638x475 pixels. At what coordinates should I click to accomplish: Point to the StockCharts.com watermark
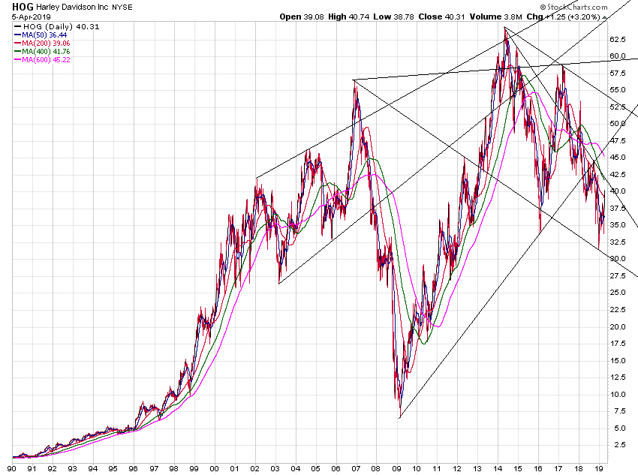click(588, 6)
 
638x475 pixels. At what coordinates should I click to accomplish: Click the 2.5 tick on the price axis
click(619, 445)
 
